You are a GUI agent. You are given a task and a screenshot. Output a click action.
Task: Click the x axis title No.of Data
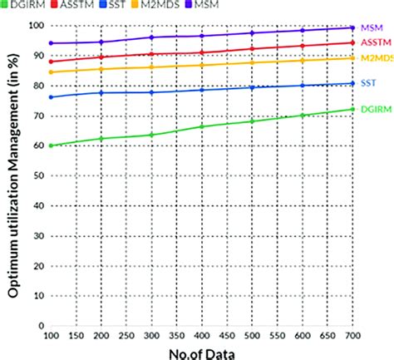[x=200, y=353]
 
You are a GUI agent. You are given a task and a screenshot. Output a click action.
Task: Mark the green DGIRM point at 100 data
[x=51, y=145]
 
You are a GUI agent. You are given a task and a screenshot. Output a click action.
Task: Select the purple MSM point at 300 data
[x=151, y=37]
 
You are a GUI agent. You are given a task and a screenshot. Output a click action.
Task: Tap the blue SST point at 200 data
[x=101, y=92]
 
